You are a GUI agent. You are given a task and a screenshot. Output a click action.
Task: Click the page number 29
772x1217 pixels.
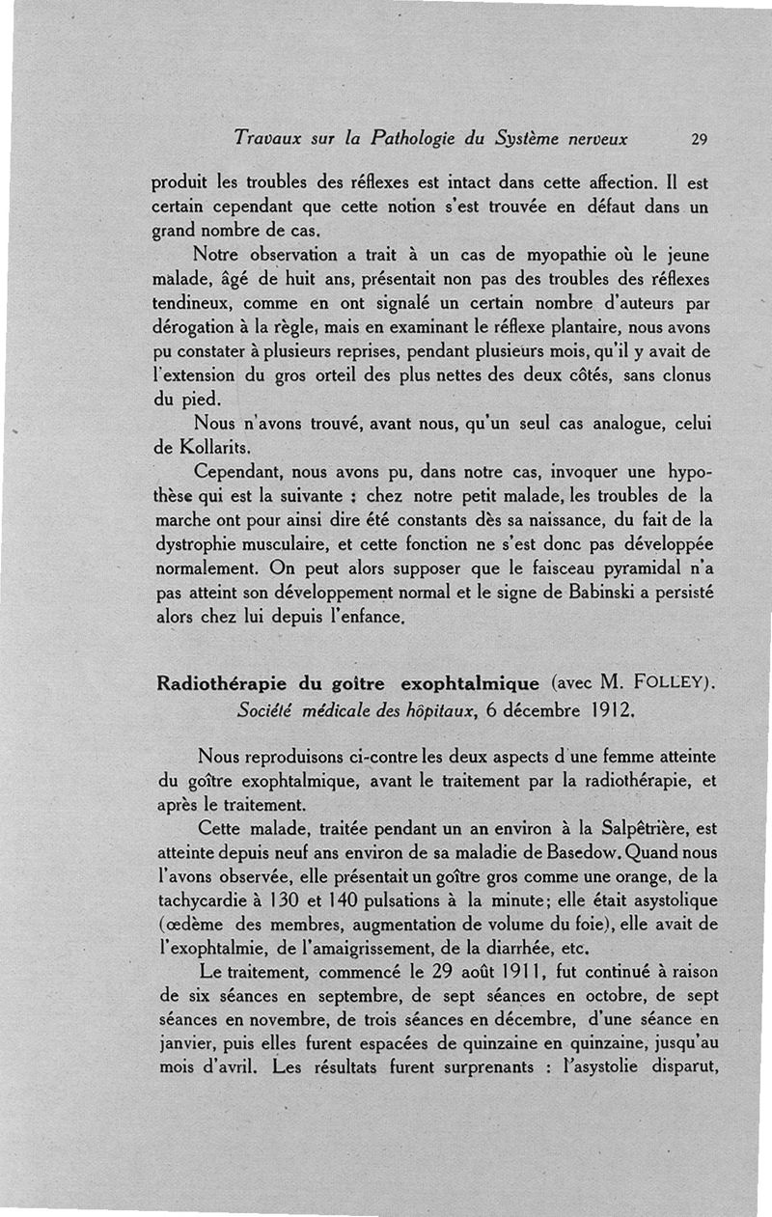click(x=700, y=139)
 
